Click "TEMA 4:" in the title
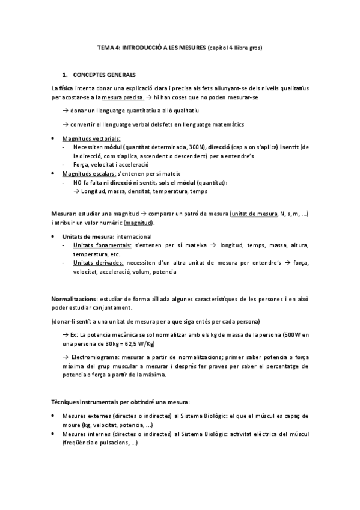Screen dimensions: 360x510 (109, 46)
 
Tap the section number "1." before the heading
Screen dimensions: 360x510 (66, 75)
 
